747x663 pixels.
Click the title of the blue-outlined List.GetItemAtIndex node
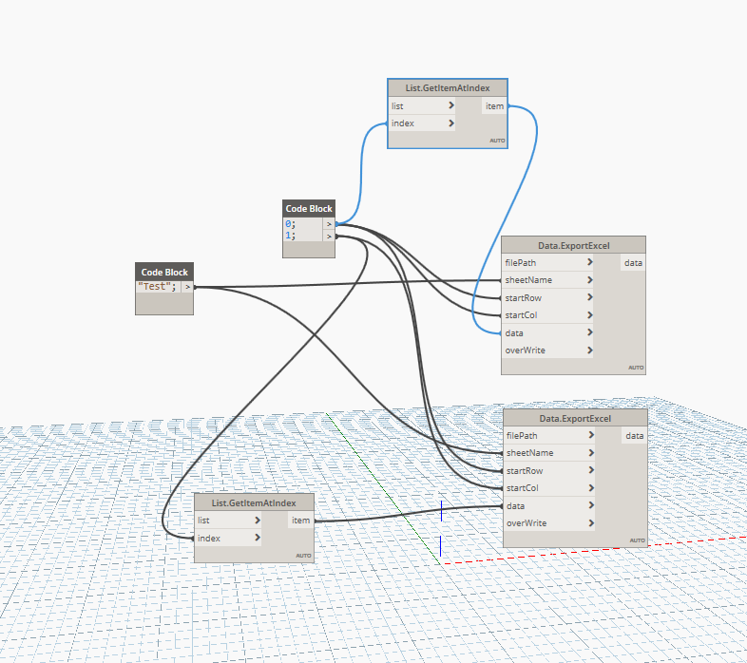[x=448, y=88]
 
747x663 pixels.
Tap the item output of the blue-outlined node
[x=494, y=106]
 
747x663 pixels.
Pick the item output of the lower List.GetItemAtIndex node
[x=300, y=521]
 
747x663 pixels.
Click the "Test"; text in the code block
[x=157, y=287]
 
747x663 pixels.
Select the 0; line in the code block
[x=291, y=224]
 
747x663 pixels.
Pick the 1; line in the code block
[x=291, y=236]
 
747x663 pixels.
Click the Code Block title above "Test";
[x=164, y=273]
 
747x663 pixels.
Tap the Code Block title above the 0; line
[x=309, y=209]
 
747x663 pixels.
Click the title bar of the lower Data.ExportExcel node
[x=576, y=418]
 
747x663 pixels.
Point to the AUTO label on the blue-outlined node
[x=497, y=141]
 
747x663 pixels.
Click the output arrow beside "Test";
[x=188, y=287]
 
